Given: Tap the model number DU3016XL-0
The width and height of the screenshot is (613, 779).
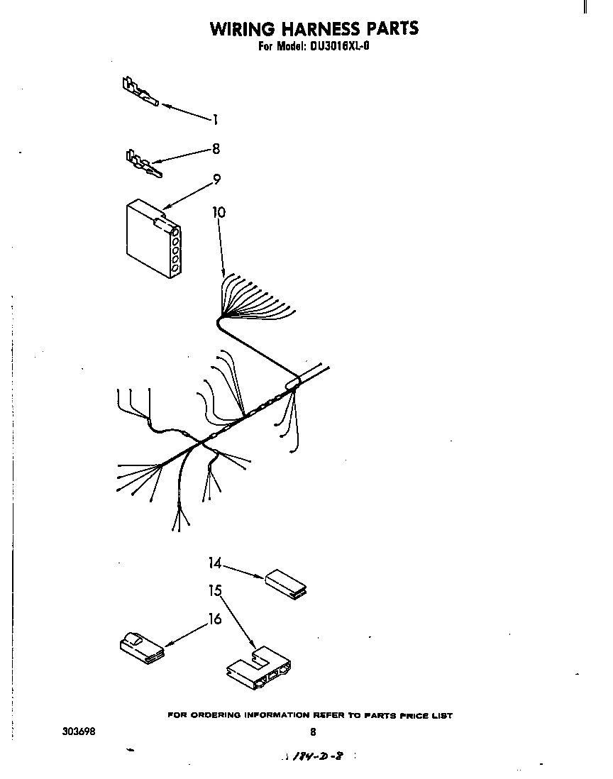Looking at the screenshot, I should click(338, 48).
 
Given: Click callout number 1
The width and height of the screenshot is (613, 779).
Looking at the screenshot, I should click(216, 120).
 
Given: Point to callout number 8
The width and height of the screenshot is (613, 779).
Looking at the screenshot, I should click(216, 149).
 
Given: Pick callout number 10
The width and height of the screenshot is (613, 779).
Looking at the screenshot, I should click(219, 211).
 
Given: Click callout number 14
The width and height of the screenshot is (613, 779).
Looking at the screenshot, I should click(215, 563).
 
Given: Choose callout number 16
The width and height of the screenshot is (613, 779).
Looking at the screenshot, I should click(215, 619).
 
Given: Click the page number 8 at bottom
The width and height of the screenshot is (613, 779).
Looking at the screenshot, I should click(312, 732).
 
